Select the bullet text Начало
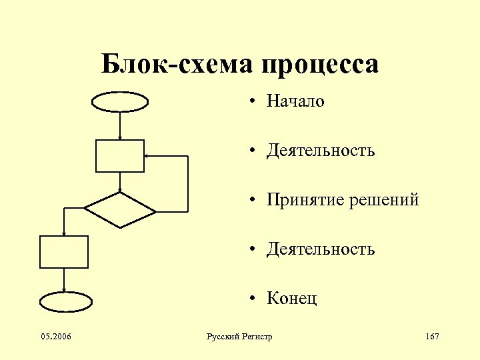click(295, 101)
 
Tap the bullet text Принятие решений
click(343, 199)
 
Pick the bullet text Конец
click(292, 298)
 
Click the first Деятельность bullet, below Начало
click(321, 151)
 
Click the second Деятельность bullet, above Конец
click(321, 249)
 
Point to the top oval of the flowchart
click(119, 101)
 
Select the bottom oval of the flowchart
click(65, 302)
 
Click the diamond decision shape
click(120, 211)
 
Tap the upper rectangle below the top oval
click(120, 156)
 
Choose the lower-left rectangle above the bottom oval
click(64, 251)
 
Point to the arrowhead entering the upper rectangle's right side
click(147, 156)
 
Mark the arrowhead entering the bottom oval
click(64, 289)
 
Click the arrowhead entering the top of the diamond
click(120, 189)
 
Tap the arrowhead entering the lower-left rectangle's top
click(64, 233)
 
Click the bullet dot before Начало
click(254, 102)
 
